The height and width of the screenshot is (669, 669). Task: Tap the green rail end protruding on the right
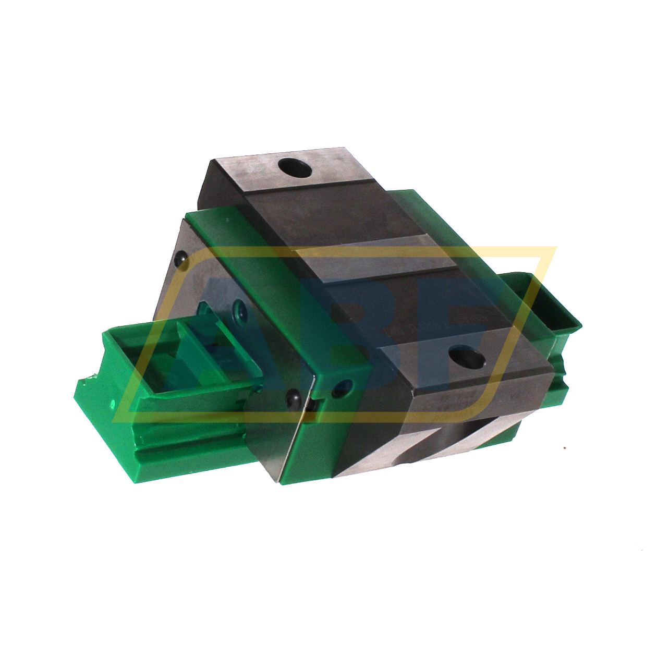click(553, 308)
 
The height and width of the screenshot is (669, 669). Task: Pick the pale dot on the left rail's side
click(112, 403)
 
